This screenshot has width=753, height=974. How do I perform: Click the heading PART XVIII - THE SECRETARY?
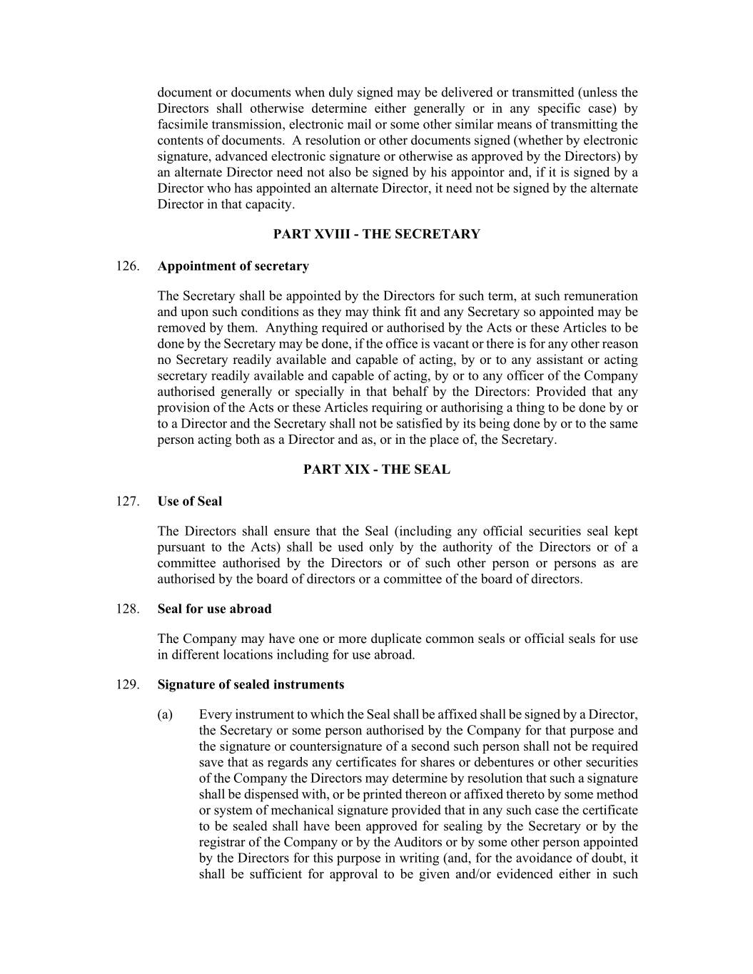coord(377,234)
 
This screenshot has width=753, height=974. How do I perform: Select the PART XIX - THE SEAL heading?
coord(377,470)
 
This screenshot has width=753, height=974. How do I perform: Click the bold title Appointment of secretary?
coord(233,266)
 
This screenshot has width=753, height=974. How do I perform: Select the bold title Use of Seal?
coord(190,502)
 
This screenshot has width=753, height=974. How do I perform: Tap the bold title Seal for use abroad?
coord(214,609)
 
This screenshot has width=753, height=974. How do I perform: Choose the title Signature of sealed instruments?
coord(251,684)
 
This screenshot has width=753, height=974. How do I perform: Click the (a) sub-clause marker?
coord(165,714)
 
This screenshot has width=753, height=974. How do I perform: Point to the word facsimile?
coord(182,124)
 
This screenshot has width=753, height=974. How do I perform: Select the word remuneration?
coord(598,296)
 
